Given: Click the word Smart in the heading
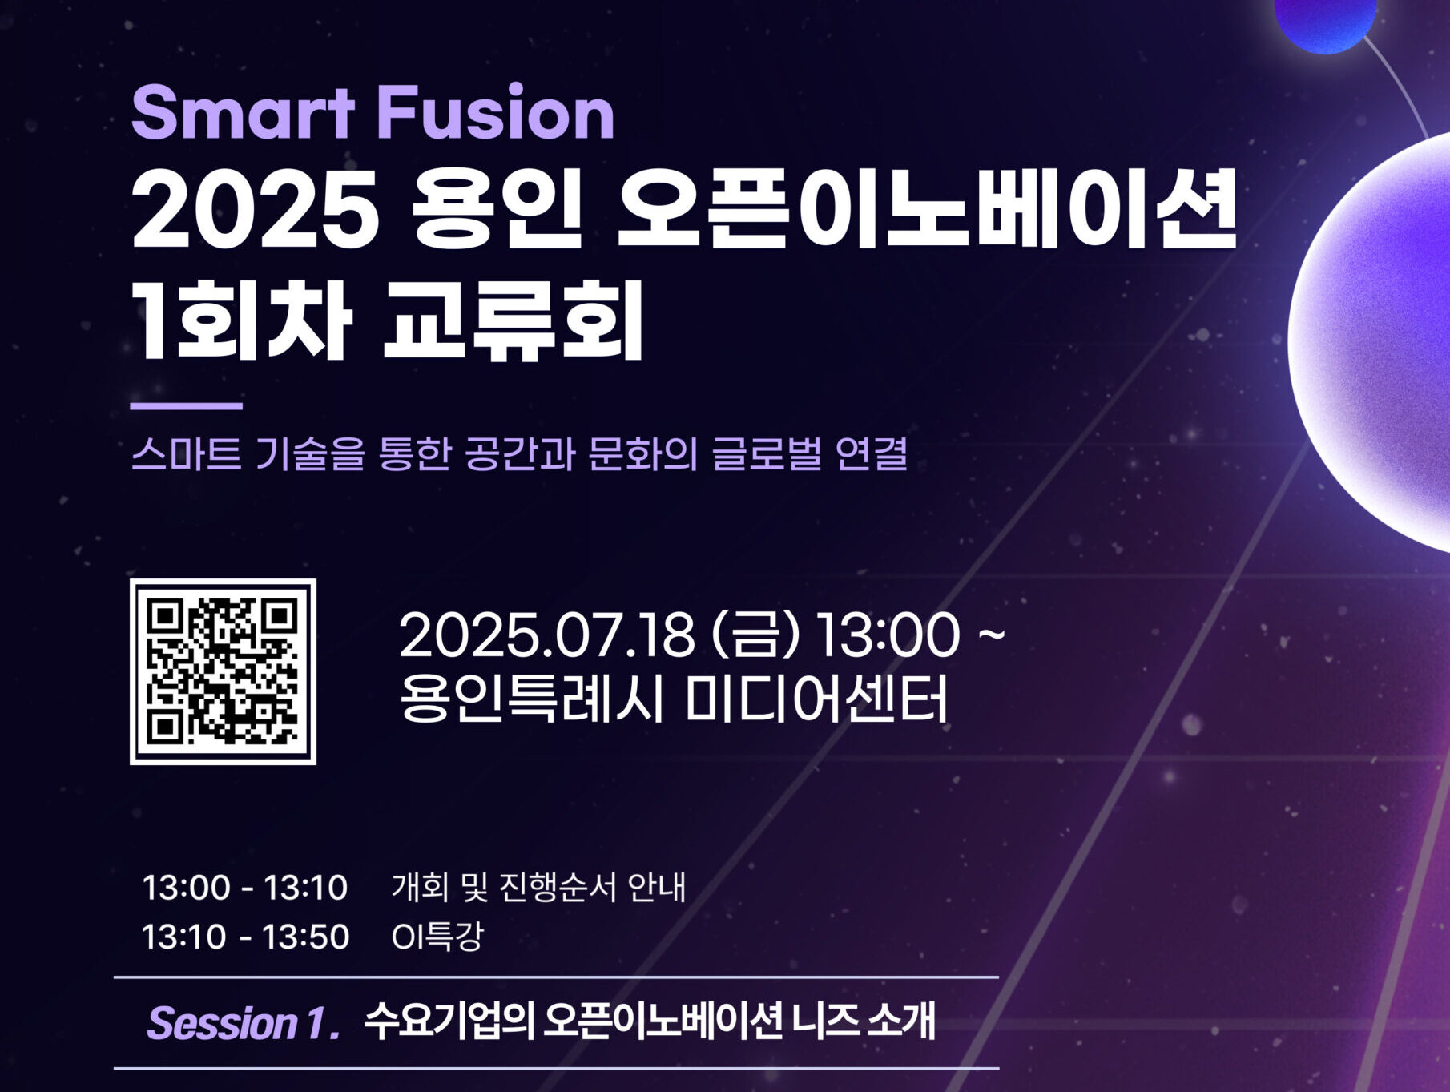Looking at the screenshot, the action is [x=243, y=113].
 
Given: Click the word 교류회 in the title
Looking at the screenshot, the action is [x=514, y=320].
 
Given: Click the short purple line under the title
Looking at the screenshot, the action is [x=187, y=406].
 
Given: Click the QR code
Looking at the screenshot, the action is [x=224, y=672].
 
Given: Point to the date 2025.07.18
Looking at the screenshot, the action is [x=546, y=635].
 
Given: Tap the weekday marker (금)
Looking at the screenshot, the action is [x=755, y=635].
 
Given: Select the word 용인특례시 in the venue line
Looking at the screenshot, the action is [x=532, y=699].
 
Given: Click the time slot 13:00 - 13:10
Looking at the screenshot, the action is [x=245, y=888].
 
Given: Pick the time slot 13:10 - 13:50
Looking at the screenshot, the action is [x=245, y=937].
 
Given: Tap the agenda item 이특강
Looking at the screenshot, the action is [x=437, y=937].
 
